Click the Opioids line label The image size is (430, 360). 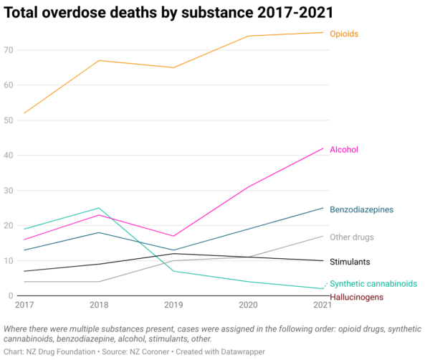click(x=343, y=34)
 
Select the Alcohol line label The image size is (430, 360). click(x=343, y=150)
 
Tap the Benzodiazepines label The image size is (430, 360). click(x=361, y=209)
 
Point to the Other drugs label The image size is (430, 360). click(x=353, y=237)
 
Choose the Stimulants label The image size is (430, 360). click(x=350, y=262)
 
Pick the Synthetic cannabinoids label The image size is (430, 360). click(x=373, y=284)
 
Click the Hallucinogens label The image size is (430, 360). click(x=356, y=297)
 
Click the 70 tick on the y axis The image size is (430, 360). click(x=9, y=50)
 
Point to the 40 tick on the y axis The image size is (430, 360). click(x=9, y=155)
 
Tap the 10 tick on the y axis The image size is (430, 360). click(x=9, y=260)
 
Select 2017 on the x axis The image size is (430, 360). click(x=24, y=305)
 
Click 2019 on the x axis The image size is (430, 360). click(x=173, y=305)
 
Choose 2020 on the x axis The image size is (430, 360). click(x=248, y=305)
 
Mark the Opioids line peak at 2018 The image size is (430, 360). click(x=98, y=60)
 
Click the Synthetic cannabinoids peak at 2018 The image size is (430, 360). click(x=98, y=208)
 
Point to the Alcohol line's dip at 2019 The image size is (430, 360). click(x=173, y=236)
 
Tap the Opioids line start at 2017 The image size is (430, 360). click(x=24, y=113)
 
